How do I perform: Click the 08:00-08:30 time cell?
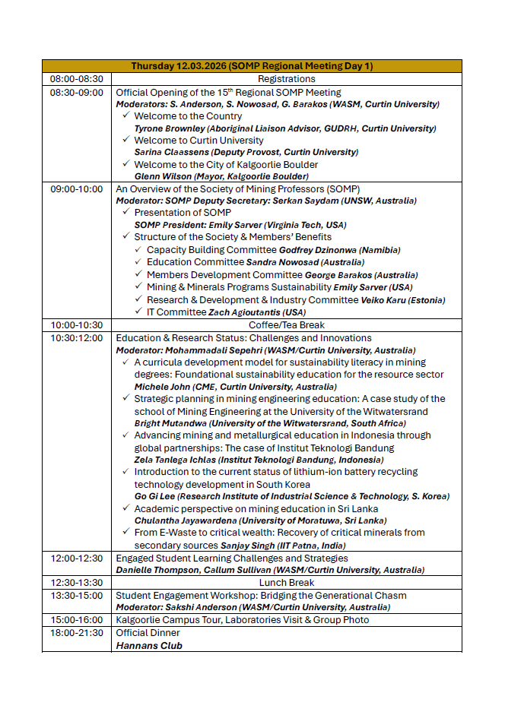point(76,79)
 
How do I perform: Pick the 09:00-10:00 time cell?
point(76,189)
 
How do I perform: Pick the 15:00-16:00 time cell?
point(76,620)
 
